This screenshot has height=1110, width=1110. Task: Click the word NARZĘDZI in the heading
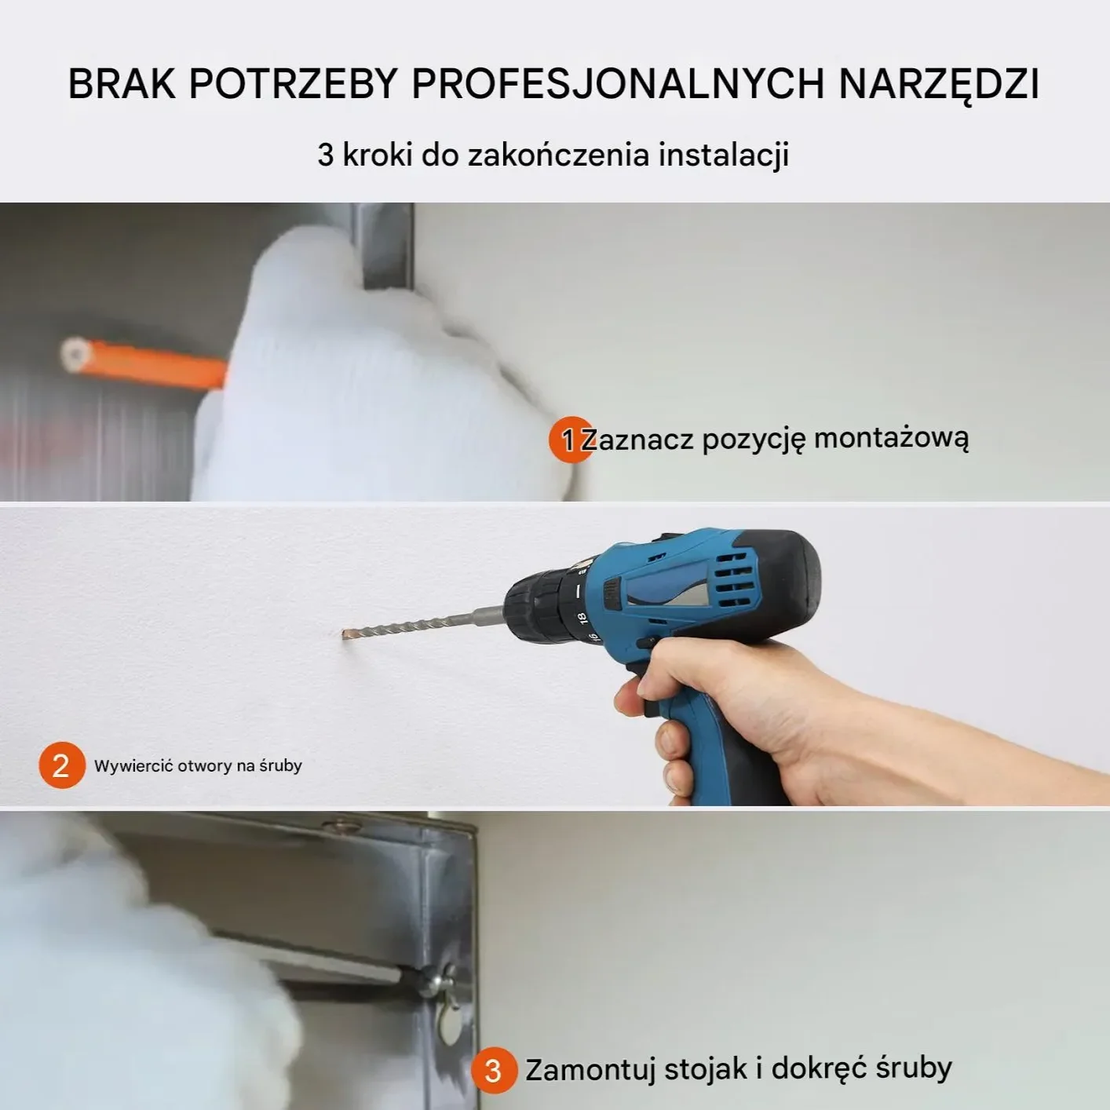[x=938, y=84]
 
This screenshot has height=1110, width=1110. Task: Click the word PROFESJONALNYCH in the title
[x=618, y=84]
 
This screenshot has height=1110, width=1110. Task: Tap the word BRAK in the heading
[x=122, y=84]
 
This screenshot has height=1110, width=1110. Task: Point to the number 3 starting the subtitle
[x=325, y=155]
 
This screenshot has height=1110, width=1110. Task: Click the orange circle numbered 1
[x=570, y=440]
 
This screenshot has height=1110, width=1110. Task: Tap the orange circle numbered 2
[x=61, y=765]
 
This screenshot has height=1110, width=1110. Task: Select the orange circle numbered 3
[x=493, y=1070]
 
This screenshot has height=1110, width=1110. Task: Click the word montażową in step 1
[x=891, y=438]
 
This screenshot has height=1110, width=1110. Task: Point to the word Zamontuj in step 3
[x=591, y=1069]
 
